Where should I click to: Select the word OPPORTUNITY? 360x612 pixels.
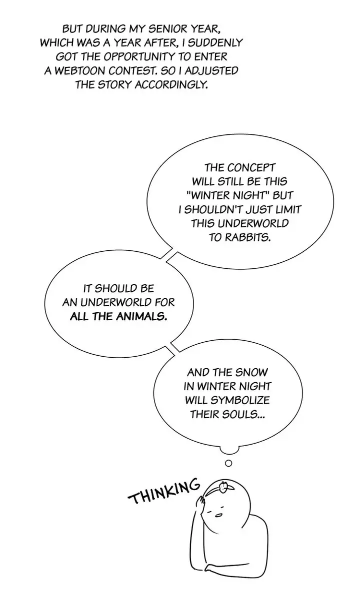(x=139, y=56)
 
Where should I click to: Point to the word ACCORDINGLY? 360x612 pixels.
(x=171, y=85)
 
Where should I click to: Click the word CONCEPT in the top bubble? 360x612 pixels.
(x=251, y=167)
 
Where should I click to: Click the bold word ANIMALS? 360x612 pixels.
(x=141, y=316)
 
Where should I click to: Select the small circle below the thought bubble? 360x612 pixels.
(x=228, y=463)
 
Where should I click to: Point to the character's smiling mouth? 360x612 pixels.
(x=218, y=516)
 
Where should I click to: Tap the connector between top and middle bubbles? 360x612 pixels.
(x=169, y=255)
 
